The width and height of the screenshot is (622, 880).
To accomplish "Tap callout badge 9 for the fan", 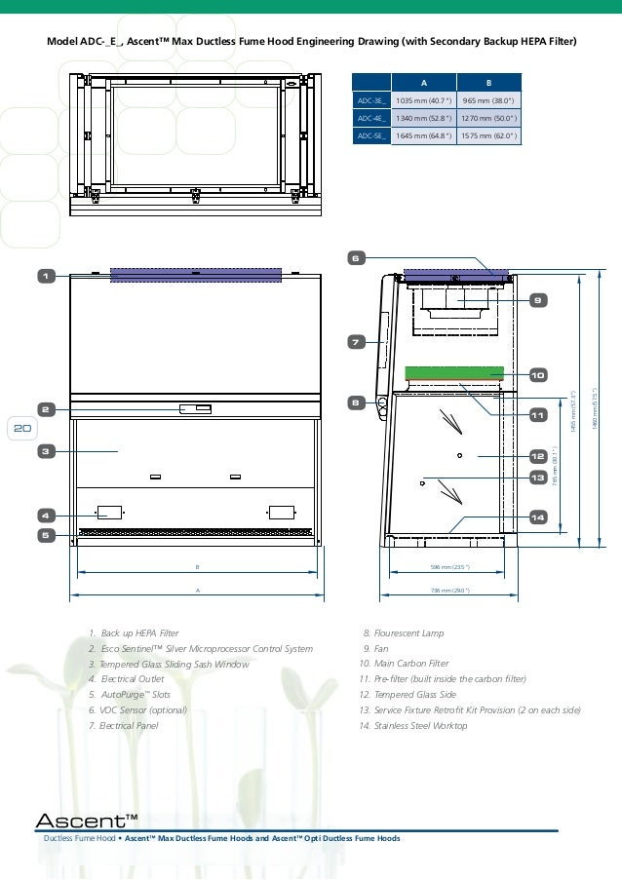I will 536,300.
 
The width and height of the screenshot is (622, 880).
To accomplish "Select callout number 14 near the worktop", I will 536,517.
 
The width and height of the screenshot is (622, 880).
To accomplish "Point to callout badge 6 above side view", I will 356,258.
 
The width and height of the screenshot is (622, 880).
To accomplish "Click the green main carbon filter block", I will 453,373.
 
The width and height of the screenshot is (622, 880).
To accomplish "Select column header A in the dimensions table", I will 422,83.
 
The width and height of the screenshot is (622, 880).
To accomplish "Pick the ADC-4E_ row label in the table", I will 370,118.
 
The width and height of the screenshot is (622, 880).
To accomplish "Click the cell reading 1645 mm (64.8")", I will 422,135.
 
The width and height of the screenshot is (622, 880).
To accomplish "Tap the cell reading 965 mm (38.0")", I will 489,100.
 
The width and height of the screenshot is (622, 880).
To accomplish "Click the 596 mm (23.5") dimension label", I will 450,566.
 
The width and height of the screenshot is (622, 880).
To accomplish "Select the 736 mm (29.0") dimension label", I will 450,590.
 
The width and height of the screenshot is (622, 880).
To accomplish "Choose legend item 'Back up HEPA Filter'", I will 139,633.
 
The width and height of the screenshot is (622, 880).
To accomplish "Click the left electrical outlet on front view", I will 109,512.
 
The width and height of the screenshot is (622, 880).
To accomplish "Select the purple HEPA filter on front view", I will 196,275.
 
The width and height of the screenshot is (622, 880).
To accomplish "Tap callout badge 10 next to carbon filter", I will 536,374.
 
